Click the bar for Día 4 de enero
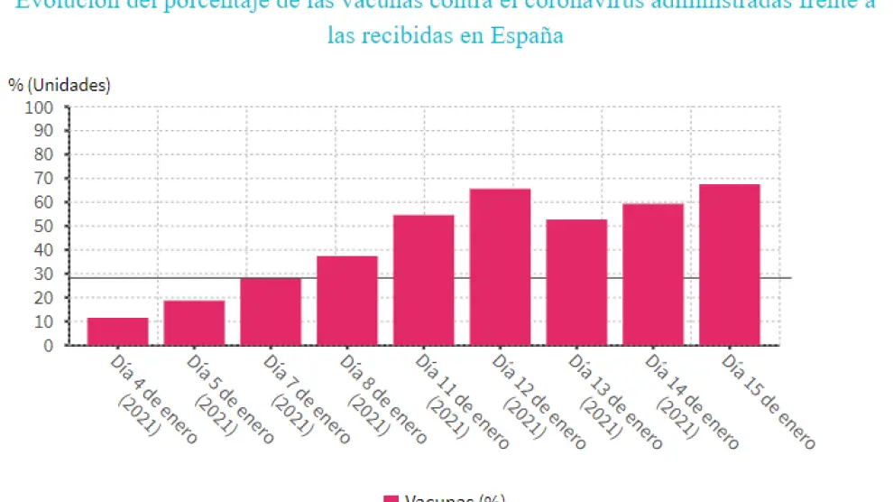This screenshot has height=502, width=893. tap(117, 331)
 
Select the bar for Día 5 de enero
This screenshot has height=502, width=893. tap(194, 322)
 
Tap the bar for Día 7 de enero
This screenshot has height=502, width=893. tap(271, 311)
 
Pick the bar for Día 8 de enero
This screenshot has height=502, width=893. tap(347, 301)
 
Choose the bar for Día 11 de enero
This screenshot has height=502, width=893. tap(423, 280)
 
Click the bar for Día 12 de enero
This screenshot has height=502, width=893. tap(500, 266)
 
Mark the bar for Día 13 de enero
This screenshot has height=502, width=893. tap(576, 282)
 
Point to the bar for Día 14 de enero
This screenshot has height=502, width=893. tap(653, 274)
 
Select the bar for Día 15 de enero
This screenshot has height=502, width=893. tap(729, 265)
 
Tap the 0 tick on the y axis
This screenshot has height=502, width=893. tap(51, 345)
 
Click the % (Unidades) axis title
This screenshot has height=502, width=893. tap(60, 85)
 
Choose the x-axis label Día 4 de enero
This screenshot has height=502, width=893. tap(150, 396)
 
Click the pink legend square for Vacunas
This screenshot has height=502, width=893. tap(391, 498)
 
